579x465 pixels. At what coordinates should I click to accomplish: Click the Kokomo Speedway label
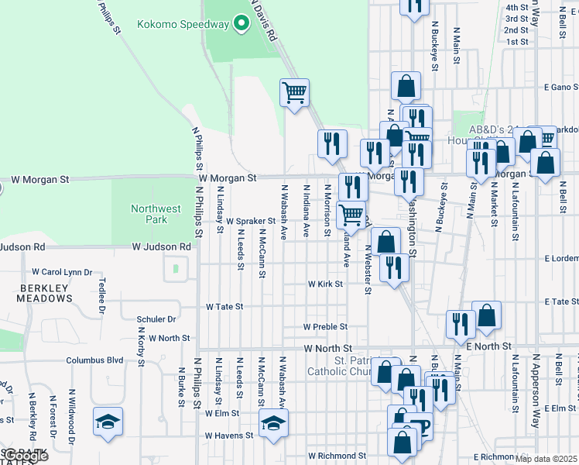pyautogui.click(x=183, y=24)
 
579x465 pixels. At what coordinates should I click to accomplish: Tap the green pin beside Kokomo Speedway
pyautogui.click(x=241, y=24)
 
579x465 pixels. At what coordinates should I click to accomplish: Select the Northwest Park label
pyautogui.click(x=156, y=214)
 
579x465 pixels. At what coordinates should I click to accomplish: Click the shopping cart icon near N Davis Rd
pyautogui.click(x=294, y=93)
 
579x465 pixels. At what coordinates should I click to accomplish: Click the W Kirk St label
pyautogui.click(x=325, y=284)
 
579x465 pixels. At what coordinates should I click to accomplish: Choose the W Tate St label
pyautogui.click(x=224, y=307)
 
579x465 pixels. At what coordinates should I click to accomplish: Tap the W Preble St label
pyautogui.click(x=325, y=327)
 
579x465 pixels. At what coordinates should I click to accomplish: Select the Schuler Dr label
pyautogui.click(x=156, y=319)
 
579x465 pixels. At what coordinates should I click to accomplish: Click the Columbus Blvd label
pyautogui.click(x=94, y=360)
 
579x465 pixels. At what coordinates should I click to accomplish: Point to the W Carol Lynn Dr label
pyautogui.click(x=61, y=272)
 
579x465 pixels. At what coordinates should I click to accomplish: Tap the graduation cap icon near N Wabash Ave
pyautogui.click(x=272, y=422)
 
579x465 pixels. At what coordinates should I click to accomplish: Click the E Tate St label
pyautogui.click(x=561, y=301)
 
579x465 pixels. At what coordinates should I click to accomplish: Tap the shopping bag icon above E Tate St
pyautogui.click(x=487, y=315)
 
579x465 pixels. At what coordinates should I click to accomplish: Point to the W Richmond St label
pyautogui.click(x=337, y=456)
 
